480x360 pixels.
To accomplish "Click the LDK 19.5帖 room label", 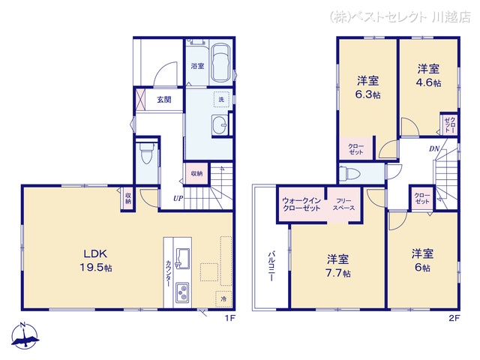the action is click(96, 260).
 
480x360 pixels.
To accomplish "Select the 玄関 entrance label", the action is click(164, 100).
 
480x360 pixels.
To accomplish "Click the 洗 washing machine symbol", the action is click(221, 99).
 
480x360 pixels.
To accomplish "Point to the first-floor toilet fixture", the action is click(145, 153).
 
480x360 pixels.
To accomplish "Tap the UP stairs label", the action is click(178, 198).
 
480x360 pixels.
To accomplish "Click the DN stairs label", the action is click(434, 149).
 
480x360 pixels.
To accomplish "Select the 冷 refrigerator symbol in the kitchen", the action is click(223, 298).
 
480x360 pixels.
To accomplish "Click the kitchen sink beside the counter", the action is click(182, 258).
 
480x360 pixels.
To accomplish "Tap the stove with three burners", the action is click(182, 292).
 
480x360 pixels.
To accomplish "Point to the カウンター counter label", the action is click(168, 273).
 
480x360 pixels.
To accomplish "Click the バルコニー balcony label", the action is click(271, 266).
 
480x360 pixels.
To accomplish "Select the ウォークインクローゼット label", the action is click(301, 205).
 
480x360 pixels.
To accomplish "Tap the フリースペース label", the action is click(343, 205).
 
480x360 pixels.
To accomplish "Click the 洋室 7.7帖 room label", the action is click(338, 265).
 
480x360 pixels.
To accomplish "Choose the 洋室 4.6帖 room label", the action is click(428, 75).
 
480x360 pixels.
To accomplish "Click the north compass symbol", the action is click(25, 335).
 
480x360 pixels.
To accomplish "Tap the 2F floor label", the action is click(454, 318).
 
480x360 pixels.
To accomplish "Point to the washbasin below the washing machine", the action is click(219, 125).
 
